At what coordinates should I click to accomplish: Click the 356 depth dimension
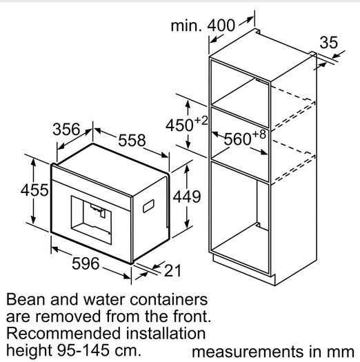(x=66, y=130)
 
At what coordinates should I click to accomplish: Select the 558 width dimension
(x=132, y=140)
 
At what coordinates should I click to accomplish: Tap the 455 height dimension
(x=34, y=190)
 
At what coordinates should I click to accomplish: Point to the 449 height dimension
(x=187, y=197)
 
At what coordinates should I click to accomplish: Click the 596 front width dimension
(x=86, y=263)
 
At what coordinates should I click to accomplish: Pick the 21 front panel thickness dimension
(x=172, y=270)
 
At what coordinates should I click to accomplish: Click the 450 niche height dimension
(x=179, y=125)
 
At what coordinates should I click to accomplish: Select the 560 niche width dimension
(x=238, y=139)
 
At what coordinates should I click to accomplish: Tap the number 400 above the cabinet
(x=221, y=25)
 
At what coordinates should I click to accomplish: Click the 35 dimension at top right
(x=328, y=43)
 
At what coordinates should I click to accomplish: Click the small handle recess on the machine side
(x=148, y=206)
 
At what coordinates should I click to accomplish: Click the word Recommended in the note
(x=63, y=334)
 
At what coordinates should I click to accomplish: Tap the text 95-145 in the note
(x=83, y=350)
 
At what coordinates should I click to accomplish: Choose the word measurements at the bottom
(x=248, y=352)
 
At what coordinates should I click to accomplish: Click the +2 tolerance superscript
(x=201, y=121)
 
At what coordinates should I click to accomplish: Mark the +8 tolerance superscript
(x=259, y=134)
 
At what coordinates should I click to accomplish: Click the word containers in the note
(x=168, y=299)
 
